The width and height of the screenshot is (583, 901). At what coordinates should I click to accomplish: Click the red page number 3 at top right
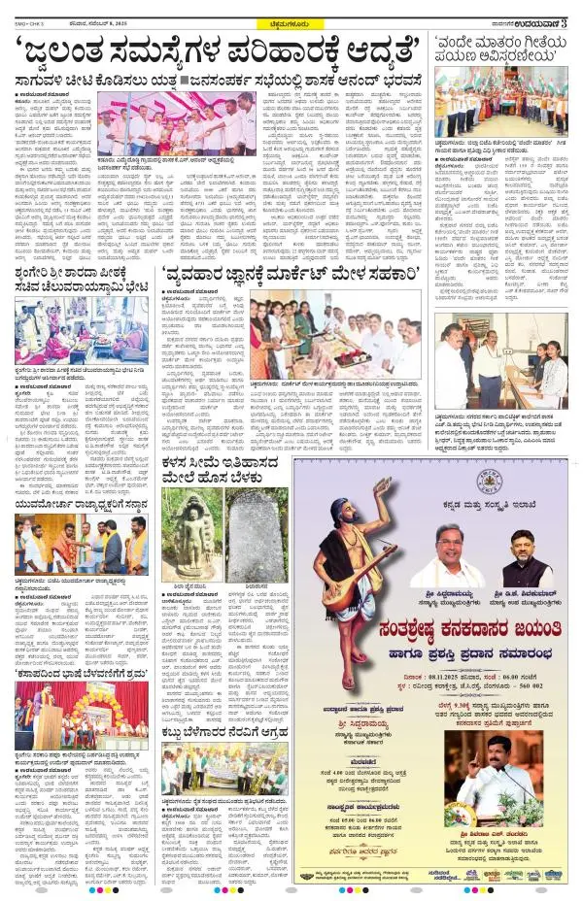[573, 9]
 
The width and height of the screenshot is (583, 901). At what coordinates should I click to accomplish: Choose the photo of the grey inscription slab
[257, 536]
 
